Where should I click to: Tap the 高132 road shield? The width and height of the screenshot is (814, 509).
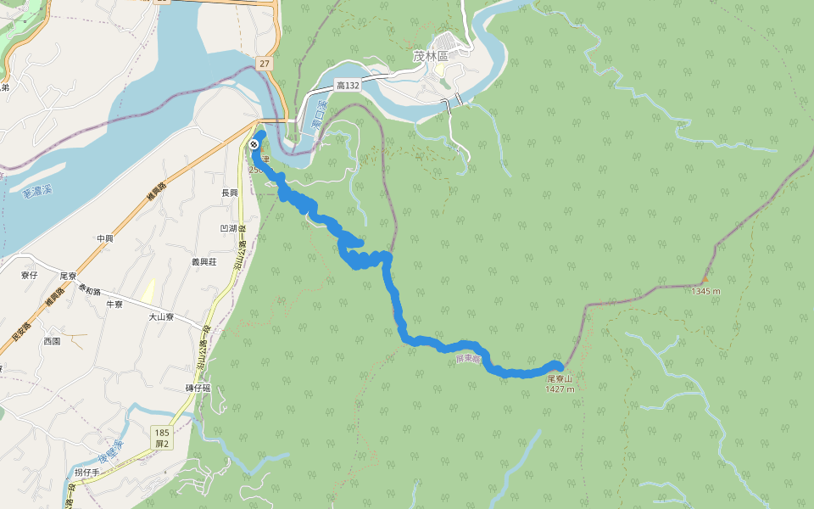(x=348, y=86)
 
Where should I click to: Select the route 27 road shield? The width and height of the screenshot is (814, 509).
(x=265, y=63)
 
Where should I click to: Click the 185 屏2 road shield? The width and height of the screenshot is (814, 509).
(x=162, y=438)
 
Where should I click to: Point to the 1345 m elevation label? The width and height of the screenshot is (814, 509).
(x=705, y=291)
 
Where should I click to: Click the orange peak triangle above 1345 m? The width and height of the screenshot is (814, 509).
(x=705, y=279)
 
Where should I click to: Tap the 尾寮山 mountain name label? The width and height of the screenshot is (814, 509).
(x=560, y=378)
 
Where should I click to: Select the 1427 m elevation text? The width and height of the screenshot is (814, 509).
(x=560, y=389)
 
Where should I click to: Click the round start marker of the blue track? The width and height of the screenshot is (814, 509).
(x=254, y=143)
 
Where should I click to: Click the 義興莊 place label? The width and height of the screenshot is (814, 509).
(x=203, y=262)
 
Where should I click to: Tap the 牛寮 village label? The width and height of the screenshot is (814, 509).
(x=114, y=304)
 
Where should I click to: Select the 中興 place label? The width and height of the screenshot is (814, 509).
(x=104, y=238)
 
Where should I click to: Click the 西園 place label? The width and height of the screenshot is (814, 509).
(x=52, y=341)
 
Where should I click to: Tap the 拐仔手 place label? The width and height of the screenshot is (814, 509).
(x=86, y=472)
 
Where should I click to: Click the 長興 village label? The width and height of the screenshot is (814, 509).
(x=229, y=193)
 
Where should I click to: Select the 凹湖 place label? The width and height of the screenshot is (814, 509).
(x=228, y=228)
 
